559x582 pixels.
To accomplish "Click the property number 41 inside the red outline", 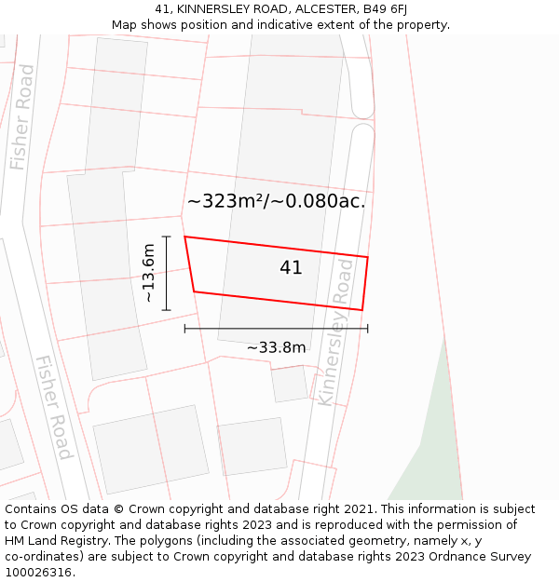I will click(x=291, y=268).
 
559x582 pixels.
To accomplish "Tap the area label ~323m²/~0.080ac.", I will click(x=276, y=201).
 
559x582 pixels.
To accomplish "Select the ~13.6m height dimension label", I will click(x=148, y=272).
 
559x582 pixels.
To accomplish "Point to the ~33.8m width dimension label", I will click(x=276, y=348).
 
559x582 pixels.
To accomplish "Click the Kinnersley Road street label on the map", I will click(x=336, y=332).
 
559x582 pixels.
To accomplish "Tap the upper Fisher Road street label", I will click(x=21, y=117).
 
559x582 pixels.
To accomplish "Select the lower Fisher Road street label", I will click(x=54, y=407).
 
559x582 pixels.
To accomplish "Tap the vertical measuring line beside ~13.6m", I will click(x=166, y=273).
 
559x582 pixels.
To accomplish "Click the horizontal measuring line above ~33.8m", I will click(x=276, y=328).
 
